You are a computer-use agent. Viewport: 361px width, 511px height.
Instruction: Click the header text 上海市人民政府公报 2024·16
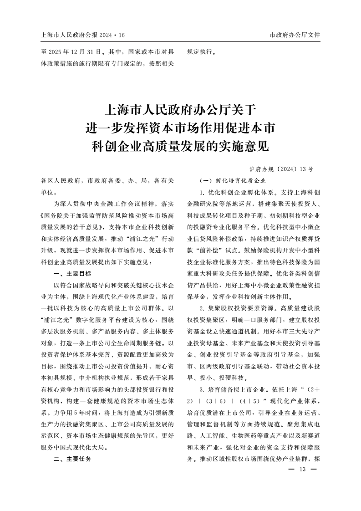tap(82, 35)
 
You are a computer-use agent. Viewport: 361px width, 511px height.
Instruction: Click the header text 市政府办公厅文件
tap(295, 35)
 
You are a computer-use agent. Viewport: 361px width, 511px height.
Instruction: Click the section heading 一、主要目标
tap(72, 274)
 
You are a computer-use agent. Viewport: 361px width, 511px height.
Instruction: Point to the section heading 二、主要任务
tap(72, 459)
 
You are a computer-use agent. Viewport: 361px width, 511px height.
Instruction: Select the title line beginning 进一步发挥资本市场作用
tap(181, 128)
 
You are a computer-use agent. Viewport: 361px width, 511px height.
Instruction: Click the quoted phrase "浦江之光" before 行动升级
tap(137, 239)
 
